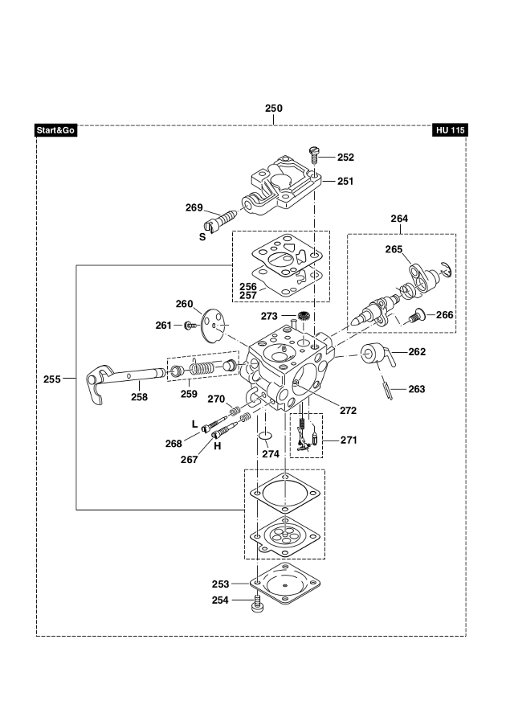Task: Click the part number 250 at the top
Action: pyautogui.click(x=274, y=109)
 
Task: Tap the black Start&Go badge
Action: pyautogui.click(x=55, y=130)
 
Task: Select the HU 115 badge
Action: pyautogui.click(x=450, y=130)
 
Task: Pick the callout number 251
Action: pyautogui.click(x=345, y=181)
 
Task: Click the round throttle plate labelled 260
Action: pyautogui.click(x=214, y=325)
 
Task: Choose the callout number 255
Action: pyautogui.click(x=51, y=379)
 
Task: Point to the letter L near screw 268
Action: pyautogui.click(x=194, y=424)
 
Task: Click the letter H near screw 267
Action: pyautogui.click(x=217, y=446)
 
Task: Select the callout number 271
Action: pyautogui.click(x=349, y=440)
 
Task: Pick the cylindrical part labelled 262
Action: pyautogui.click(x=376, y=354)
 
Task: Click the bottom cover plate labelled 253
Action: pyautogui.click(x=285, y=584)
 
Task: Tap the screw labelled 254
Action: pyautogui.click(x=257, y=602)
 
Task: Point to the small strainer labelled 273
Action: pyautogui.click(x=303, y=315)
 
